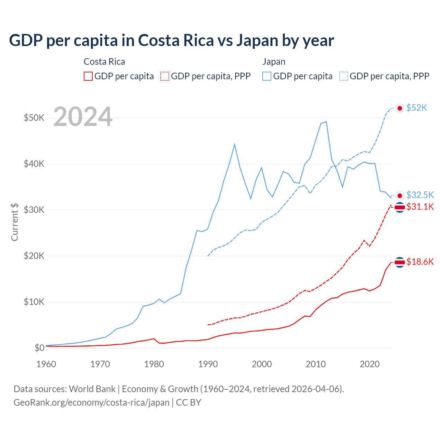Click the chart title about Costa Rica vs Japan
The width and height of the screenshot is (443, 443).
[171, 40]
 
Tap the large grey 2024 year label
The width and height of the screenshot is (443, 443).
[83, 117]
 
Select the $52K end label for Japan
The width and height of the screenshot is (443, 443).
[417, 108]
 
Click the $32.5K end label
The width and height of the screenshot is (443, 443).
[420, 195]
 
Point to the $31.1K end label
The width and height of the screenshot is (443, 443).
[420, 207]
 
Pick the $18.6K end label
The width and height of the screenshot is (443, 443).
[420, 262]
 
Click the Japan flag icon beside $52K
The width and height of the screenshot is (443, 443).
[400, 108]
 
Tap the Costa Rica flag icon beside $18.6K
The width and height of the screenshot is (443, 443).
[400, 262]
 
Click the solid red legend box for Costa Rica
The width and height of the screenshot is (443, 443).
[88, 76]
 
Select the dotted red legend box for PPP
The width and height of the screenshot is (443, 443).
[165, 76]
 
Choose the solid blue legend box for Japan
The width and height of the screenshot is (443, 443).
[267, 76]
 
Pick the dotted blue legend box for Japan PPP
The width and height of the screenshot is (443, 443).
[344, 76]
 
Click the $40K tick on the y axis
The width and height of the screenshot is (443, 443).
[34, 164]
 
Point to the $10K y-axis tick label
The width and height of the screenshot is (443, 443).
[34, 302]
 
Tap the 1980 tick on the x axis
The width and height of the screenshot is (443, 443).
[154, 364]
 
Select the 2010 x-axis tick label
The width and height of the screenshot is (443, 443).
[316, 364]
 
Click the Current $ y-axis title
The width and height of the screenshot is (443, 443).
[15, 222]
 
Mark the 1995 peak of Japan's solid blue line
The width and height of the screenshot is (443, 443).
[235, 144]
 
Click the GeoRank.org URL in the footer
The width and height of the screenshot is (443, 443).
[91, 403]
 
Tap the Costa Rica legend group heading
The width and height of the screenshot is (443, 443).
[104, 62]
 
